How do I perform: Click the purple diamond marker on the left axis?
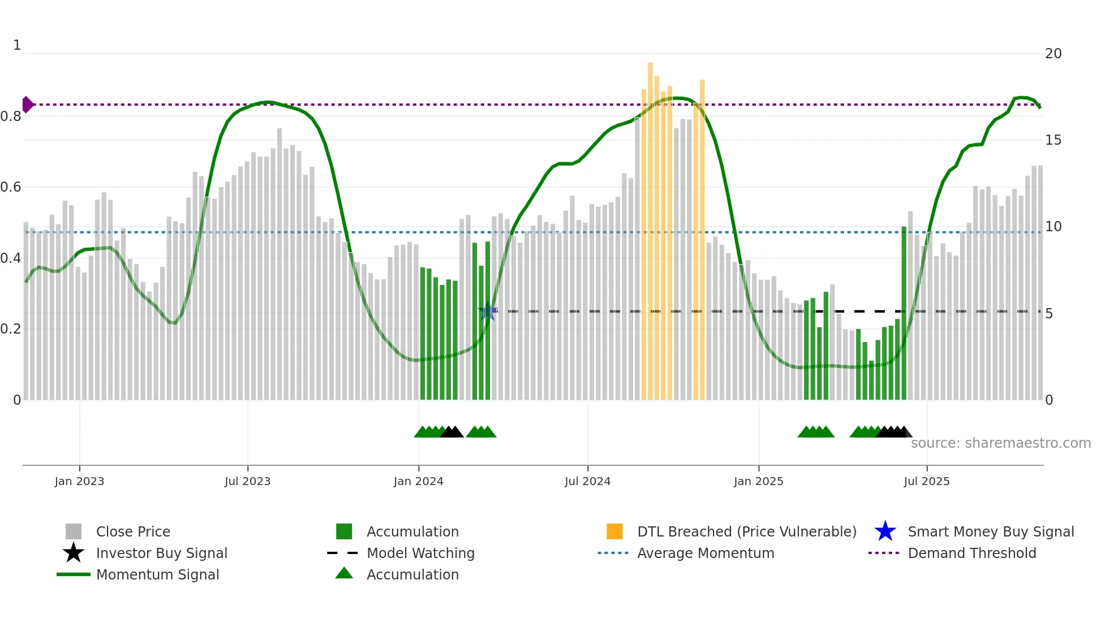click(x=27, y=105)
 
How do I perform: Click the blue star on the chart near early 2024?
click(x=488, y=311)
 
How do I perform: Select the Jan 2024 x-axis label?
click(x=418, y=481)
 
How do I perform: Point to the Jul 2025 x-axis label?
click(x=926, y=481)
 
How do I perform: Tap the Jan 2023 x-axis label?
click(x=79, y=481)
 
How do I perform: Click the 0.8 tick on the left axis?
click(x=11, y=116)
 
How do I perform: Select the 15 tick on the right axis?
click(x=1053, y=140)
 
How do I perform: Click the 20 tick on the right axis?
click(x=1053, y=54)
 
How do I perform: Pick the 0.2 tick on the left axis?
click(x=11, y=329)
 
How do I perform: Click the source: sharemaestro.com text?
click(x=1000, y=443)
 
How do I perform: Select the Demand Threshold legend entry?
click(x=972, y=553)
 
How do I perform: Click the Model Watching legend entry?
click(x=420, y=553)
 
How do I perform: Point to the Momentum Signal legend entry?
click(x=157, y=575)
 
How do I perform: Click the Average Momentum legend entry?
click(x=705, y=553)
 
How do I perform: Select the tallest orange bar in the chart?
click(x=650, y=226)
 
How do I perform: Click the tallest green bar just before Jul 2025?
click(x=904, y=311)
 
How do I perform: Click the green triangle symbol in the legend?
click(x=344, y=573)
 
